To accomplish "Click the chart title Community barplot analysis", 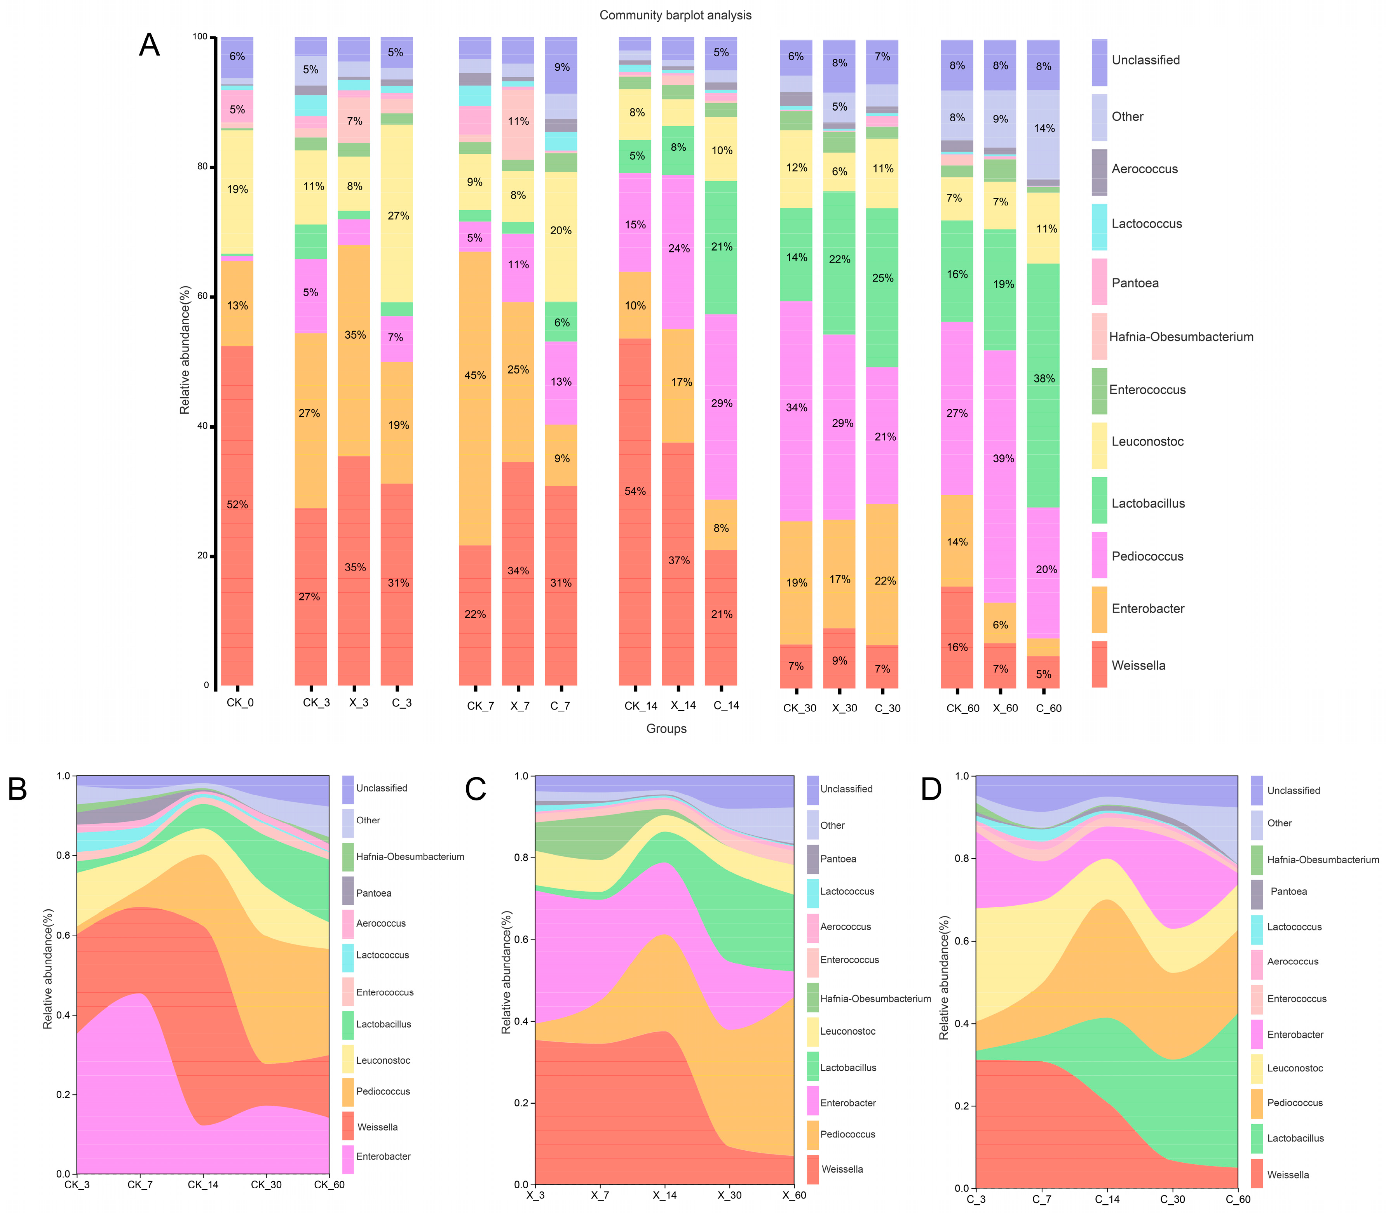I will click(675, 15).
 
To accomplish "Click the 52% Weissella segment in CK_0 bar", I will click(237, 505).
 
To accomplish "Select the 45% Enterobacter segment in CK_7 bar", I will click(475, 375).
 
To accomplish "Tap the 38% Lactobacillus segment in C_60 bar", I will click(1044, 379).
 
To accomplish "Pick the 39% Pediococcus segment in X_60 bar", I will click(1001, 459).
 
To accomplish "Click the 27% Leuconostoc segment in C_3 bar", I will click(398, 216).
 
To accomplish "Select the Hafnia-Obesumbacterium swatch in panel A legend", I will click(1099, 337).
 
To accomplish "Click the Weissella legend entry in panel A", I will click(1138, 665).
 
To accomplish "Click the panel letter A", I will click(149, 45).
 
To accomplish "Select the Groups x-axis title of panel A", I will click(666, 729).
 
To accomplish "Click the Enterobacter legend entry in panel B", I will click(383, 1157).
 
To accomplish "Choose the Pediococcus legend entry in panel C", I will click(847, 1134).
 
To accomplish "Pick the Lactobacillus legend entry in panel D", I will click(1295, 1138).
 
